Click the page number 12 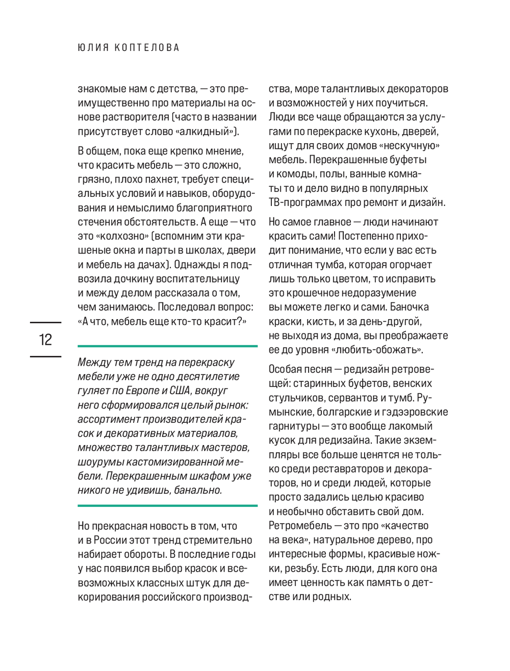pos(45,340)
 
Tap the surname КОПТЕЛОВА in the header pos(147,48)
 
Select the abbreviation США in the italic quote pos(181,391)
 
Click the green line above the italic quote pos(167,346)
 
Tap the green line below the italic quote pos(167,506)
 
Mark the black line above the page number pos(45,323)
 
